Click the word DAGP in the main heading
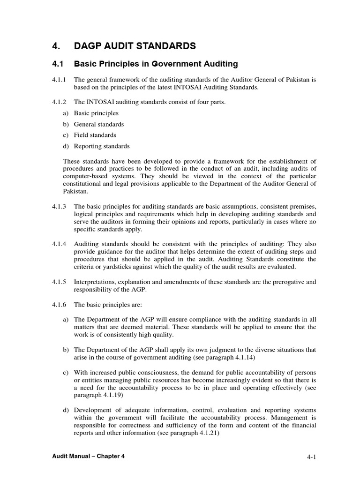pos(89,46)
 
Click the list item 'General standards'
pos(99,124)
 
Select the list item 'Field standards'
pos(95,135)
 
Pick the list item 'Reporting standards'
pos(102,146)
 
